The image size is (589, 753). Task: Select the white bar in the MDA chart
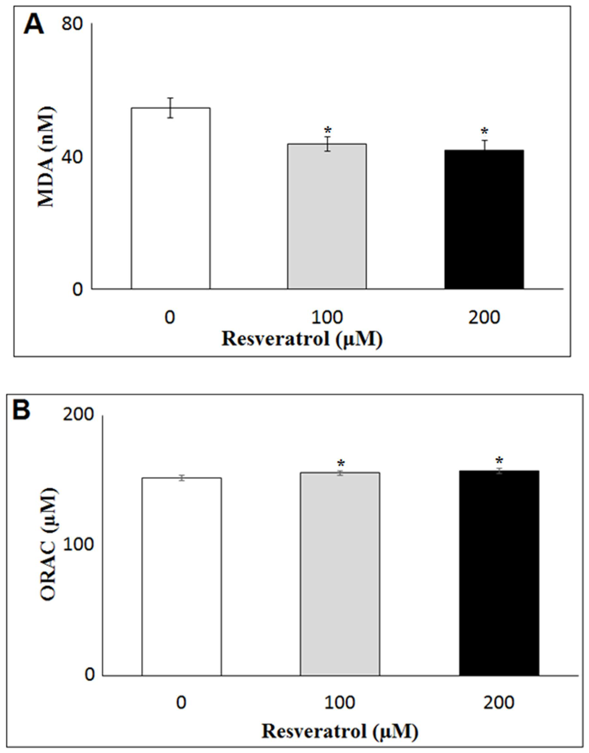170,198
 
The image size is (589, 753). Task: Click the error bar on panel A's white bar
170,108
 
